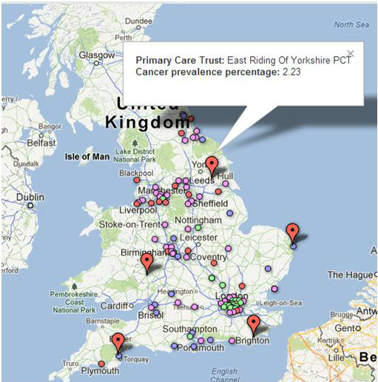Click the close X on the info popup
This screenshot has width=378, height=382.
pos(350,53)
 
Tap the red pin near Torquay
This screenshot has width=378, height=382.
pos(118,342)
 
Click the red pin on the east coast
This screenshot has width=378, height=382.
pos(292,232)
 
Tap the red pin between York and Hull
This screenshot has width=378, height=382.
pos(212,166)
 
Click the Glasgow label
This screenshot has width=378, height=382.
pos(97,55)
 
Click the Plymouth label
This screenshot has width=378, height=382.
pos(99,370)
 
